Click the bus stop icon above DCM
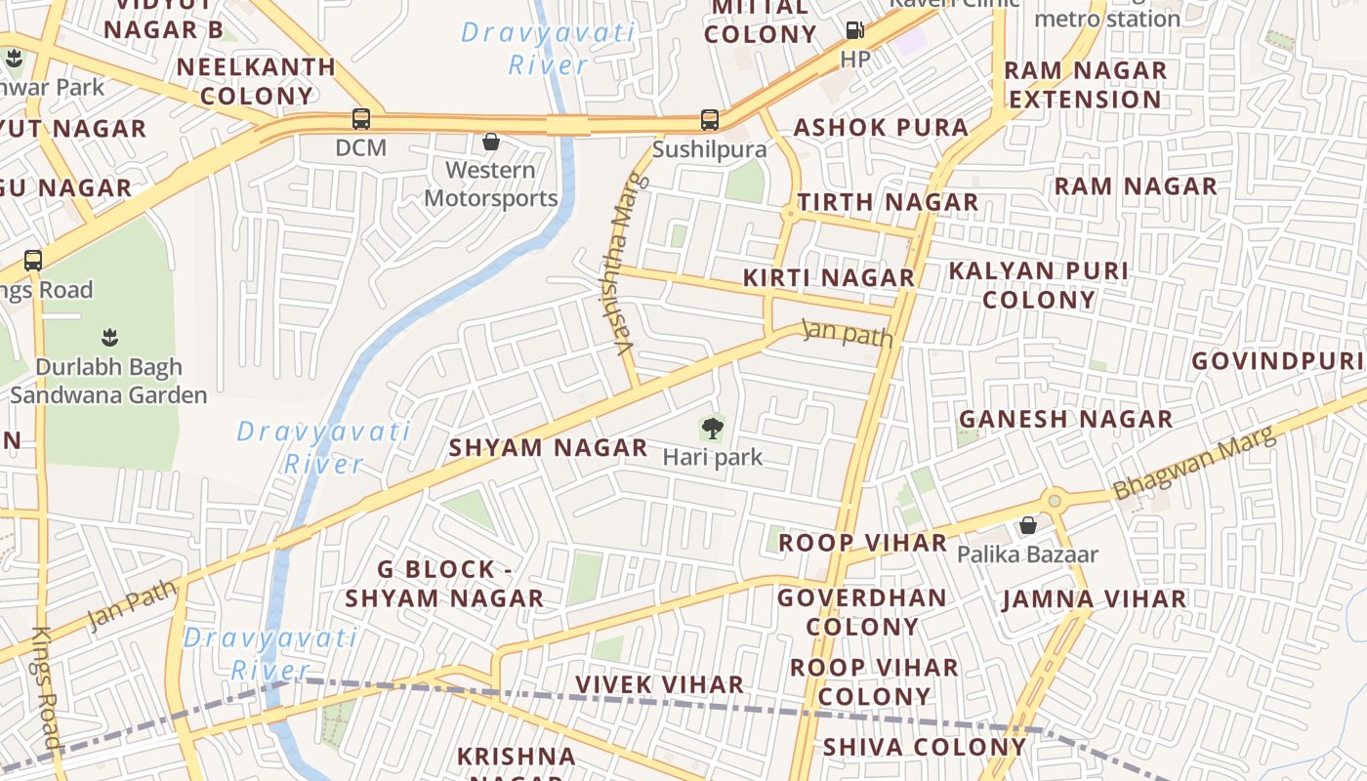(x=361, y=120)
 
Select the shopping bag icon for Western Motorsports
(x=491, y=143)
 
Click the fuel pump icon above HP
(x=854, y=30)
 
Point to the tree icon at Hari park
(x=713, y=427)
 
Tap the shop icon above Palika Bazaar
(x=1027, y=526)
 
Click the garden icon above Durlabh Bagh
(x=108, y=339)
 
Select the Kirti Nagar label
(x=829, y=277)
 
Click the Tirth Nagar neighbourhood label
(x=888, y=202)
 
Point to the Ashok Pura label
(x=881, y=128)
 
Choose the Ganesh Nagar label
(x=1065, y=419)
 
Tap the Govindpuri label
(x=1277, y=361)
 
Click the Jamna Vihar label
(x=1094, y=598)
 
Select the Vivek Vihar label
(x=659, y=684)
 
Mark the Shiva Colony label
(x=925, y=747)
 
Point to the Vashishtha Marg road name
(x=626, y=264)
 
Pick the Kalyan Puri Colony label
(x=1039, y=285)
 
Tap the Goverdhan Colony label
(x=862, y=611)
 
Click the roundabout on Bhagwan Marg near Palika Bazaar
(x=1054, y=501)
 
